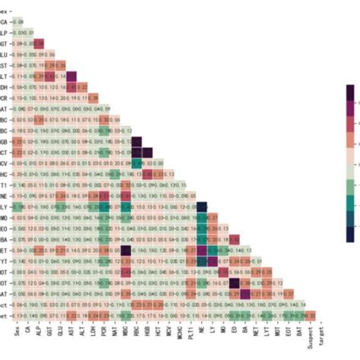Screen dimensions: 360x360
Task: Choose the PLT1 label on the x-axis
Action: (x=191, y=332)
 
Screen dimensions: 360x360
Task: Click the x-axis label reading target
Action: (x=323, y=333)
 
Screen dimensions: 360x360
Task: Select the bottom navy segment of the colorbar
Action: (x=349, y=236)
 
